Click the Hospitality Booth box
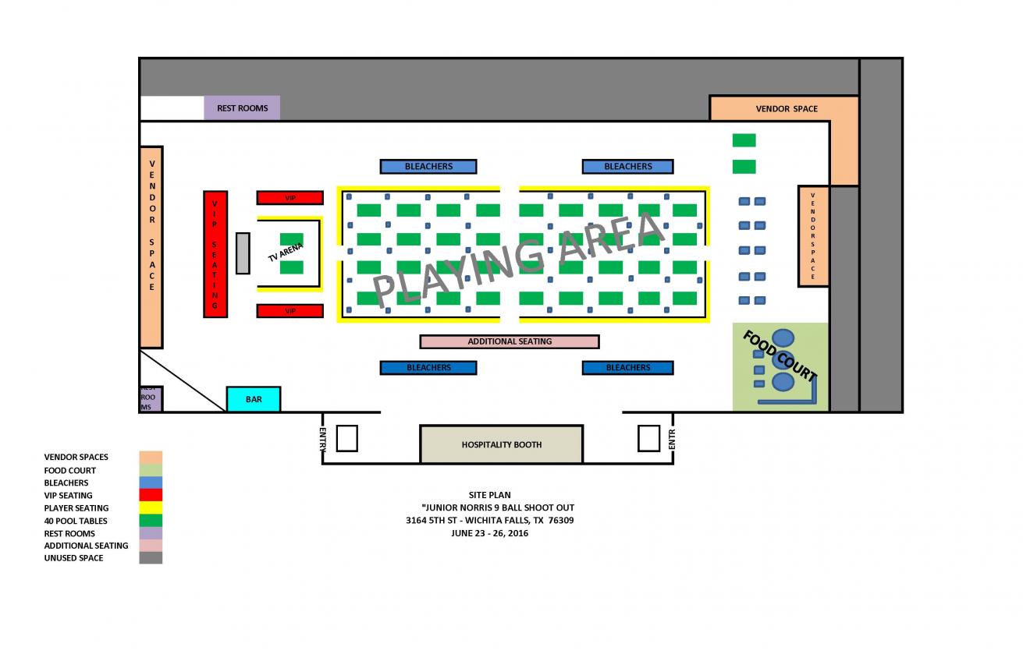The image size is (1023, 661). tap(501, 444)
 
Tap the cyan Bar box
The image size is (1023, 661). tap(253, 399)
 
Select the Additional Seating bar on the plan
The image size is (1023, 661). tap(510, 341)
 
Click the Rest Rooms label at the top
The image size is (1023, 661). tap(242, 108)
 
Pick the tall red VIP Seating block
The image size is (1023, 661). tap(215, 253)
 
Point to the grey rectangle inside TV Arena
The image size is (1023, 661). tap(243, 253)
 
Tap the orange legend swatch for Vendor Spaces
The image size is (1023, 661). tap(151, 458)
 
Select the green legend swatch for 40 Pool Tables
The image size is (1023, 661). tap(151, 521)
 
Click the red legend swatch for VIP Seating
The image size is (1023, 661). tap(151, 495)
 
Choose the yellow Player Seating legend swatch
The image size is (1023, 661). tap(151, 508)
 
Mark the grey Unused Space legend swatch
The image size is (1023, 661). tap(151, 558)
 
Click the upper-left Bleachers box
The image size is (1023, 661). tap(428, 166)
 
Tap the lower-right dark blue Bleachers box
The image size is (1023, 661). tap(627, 368)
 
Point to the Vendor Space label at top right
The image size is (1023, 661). tap(787, 108)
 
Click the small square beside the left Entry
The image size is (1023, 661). tap(346, 438)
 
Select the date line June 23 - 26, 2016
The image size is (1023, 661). tap(489, 533)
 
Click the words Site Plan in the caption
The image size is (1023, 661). tap(489, 495)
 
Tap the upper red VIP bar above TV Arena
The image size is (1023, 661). tap(289, 198)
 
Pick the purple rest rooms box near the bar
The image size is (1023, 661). tap(150, 398)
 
